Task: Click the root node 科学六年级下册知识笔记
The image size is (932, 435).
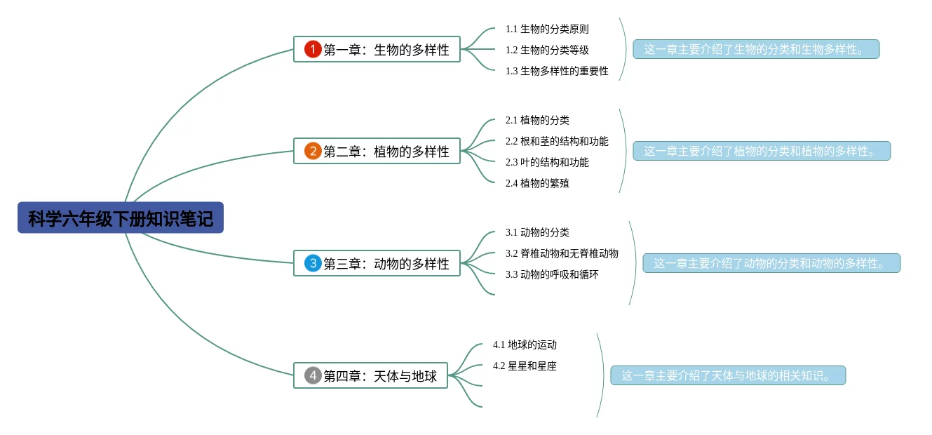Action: [121, 218]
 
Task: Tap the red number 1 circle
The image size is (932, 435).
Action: [313, 49]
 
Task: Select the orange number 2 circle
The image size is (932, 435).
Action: [313, 151]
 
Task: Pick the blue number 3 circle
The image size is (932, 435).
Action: [313, 263]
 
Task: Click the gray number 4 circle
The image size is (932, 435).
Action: [313, 375]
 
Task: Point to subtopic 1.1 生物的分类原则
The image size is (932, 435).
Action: [547, 29]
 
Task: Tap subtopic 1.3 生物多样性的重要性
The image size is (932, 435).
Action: [557, 71]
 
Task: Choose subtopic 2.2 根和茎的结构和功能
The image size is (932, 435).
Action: [557, 141]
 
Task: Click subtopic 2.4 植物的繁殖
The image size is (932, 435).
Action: [537, 183]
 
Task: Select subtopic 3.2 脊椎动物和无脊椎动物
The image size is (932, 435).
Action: [562, 253]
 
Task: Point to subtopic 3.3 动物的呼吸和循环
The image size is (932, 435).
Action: [552, 274]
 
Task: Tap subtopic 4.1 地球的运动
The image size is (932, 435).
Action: [525, 344]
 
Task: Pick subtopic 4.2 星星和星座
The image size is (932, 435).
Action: [525, 366]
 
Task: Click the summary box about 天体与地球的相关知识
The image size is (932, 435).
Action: [728, 375]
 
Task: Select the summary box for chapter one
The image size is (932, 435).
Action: [756, 49]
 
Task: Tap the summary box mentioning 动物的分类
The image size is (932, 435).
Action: [771, 263]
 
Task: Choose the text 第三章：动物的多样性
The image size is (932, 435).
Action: [386, 264]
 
